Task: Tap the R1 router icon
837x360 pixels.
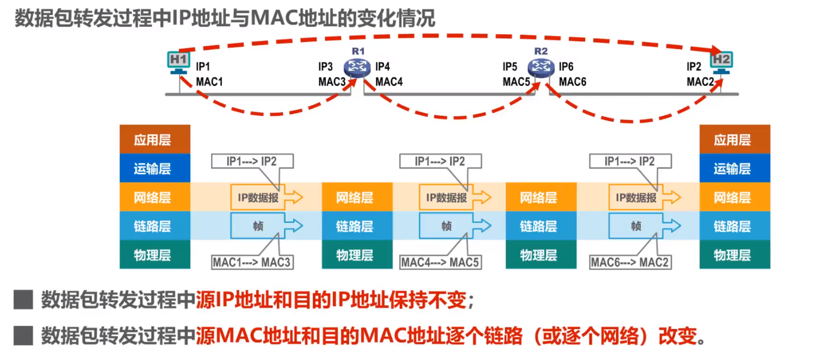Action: coord(357,67)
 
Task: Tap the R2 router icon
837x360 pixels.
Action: coord(541,67)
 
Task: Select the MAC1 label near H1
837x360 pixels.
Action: coord(209,82)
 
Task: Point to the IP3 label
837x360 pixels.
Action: coord(325,67)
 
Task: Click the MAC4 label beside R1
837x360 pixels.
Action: coord(389,82)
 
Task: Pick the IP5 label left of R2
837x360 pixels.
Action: coord(510,67)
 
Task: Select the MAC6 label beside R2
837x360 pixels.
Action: coord(573,82)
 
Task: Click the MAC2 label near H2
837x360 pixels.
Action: coord(700,82)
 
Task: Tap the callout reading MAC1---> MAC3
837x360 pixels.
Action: coord(252,263)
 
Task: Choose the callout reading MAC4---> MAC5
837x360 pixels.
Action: coord(441,263)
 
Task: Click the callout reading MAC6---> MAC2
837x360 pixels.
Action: coord(630,263)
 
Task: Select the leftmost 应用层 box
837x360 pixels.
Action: coord(154,140)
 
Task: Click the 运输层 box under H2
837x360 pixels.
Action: coord(734,169)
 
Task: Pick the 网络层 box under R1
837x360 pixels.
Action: coord(357,197)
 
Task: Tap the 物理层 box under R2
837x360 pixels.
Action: coord(541,255)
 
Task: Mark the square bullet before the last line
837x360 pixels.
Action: coord(23,336)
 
